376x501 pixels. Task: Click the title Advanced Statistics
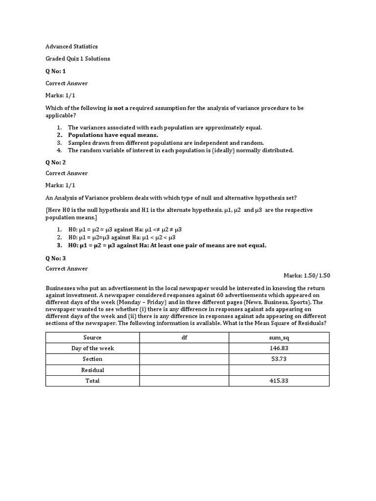pos(71,46)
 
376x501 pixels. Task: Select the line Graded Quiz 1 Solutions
pos(78,59)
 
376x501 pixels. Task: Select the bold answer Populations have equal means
pos(113,135)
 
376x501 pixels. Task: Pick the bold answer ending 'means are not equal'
pos(167,245)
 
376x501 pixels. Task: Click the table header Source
pos(93,338)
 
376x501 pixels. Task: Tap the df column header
pos(185,338)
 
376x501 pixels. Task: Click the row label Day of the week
pos(93,348)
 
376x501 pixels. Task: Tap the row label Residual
pos(93,370)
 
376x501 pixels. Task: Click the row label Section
pos(93,359)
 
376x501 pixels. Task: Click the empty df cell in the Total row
pos(185,381)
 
